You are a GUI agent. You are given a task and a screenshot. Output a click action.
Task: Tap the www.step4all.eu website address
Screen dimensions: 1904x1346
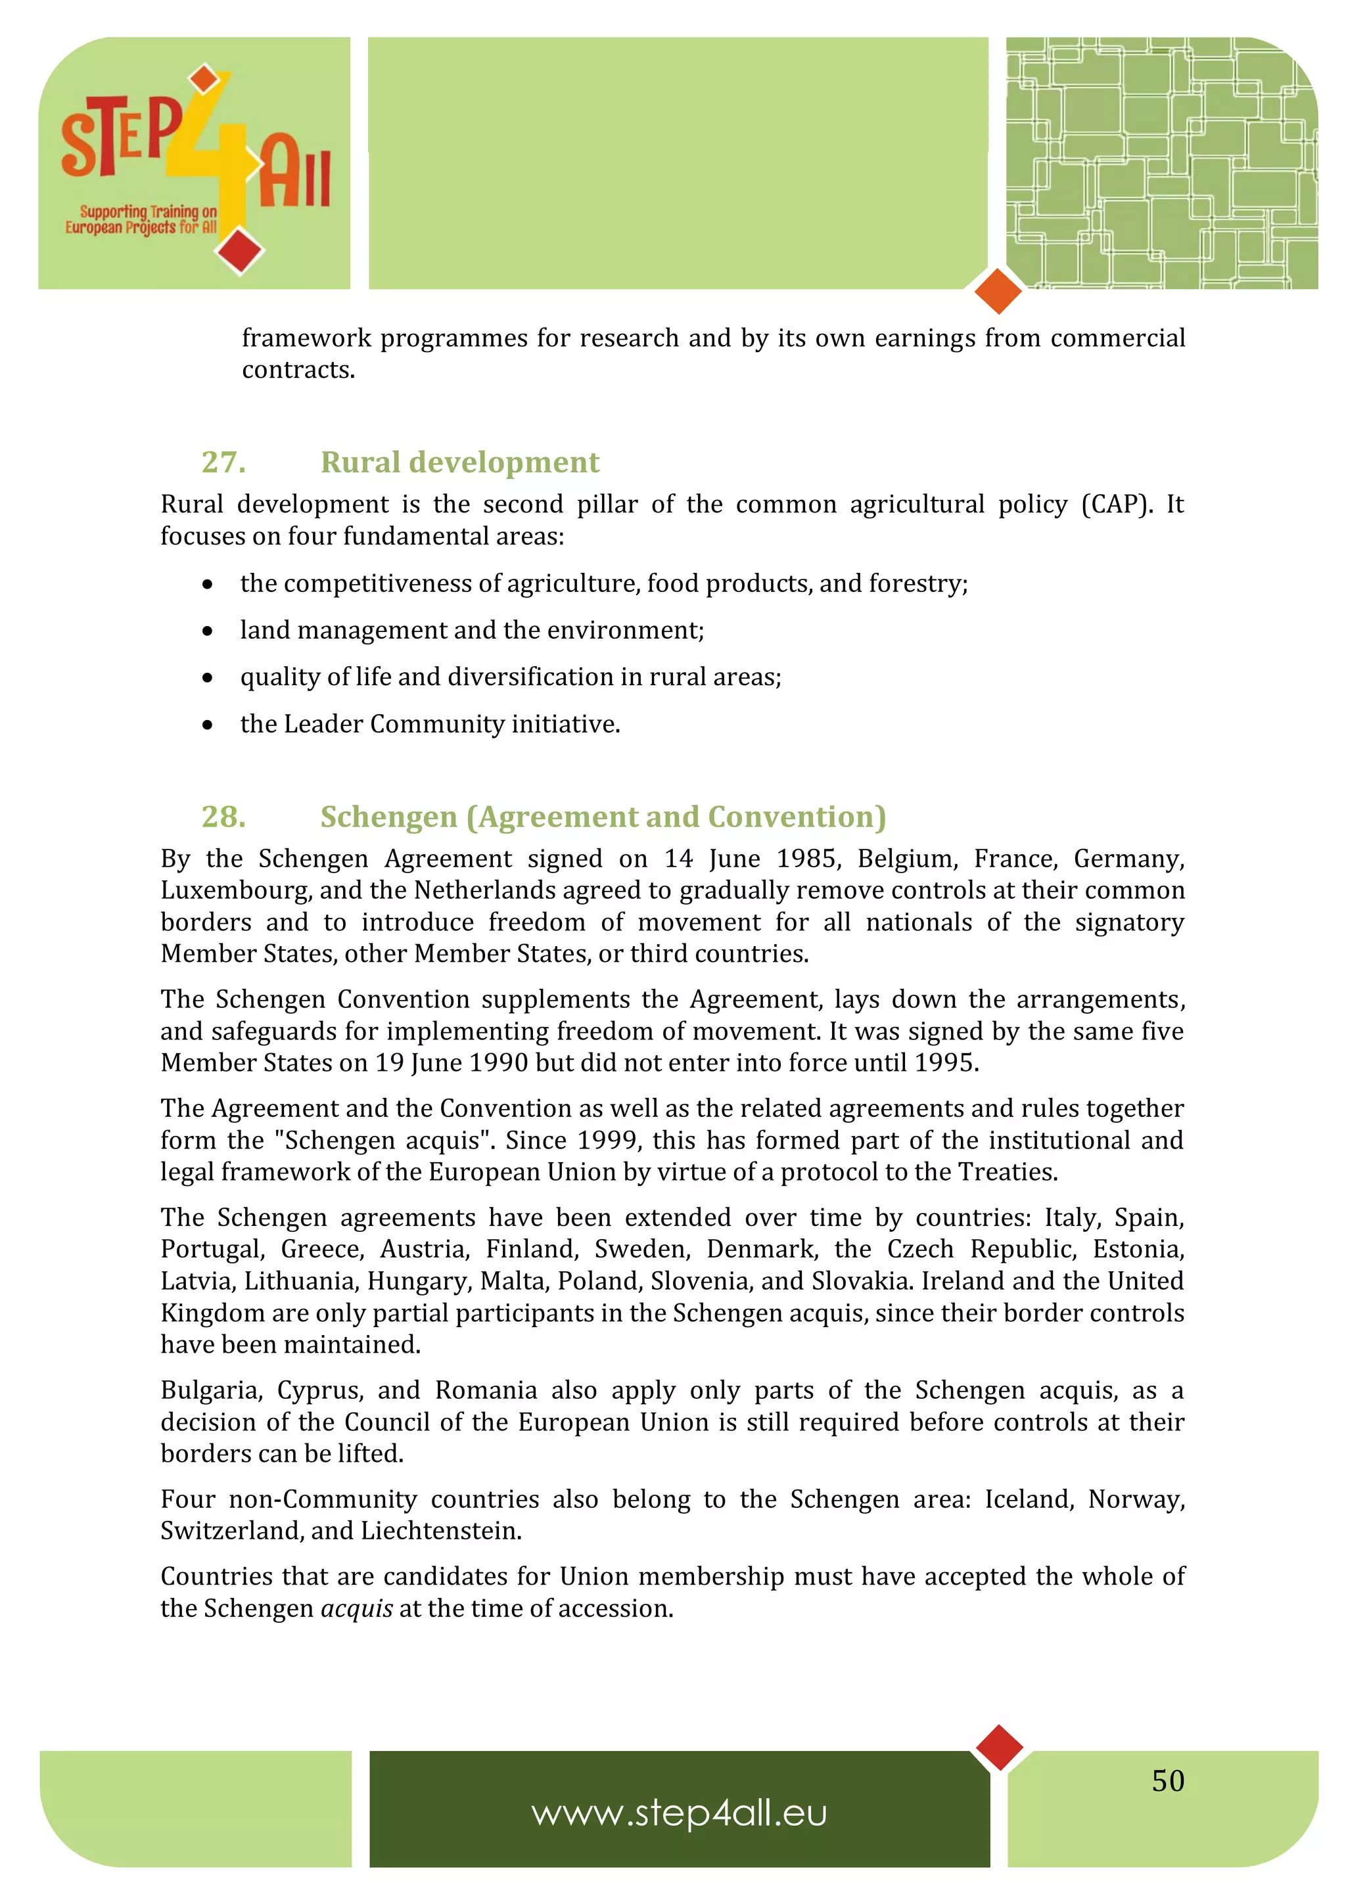coord(679,1813)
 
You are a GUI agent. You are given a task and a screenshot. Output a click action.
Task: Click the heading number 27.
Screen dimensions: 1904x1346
coord(223,462)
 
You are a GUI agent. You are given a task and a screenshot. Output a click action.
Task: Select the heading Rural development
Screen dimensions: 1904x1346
coord(459,462)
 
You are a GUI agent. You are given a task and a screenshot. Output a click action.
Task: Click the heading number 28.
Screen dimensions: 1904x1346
coord(223,817)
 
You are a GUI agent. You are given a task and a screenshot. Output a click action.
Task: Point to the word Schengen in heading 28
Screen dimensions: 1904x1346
coord(388,817)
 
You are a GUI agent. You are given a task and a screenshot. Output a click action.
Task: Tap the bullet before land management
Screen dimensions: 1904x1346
coord(207,632)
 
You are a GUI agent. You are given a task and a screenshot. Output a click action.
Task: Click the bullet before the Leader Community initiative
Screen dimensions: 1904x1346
coord(207,725)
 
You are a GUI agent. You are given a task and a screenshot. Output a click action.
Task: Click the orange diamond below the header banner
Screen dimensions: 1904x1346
coord(998,291)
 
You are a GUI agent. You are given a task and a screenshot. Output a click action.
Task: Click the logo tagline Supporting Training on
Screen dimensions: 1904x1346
coord(148,212)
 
